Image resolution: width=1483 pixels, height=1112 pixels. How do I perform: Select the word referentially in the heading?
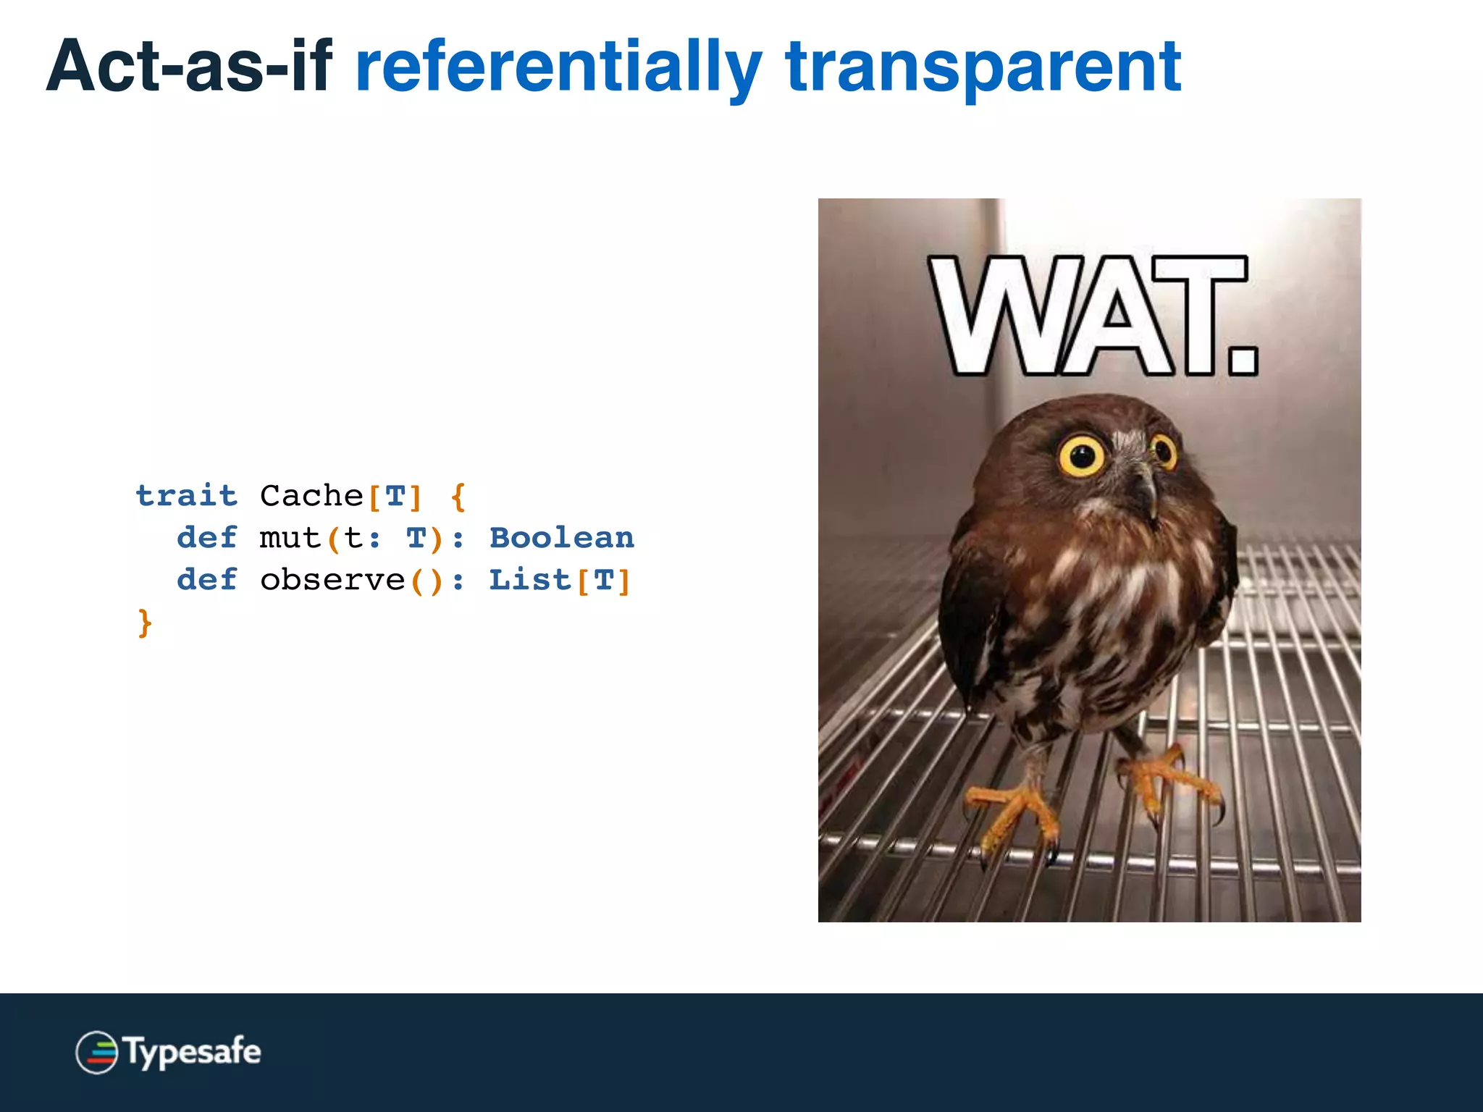[x=558, y=67]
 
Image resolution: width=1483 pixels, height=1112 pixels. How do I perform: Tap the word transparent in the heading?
[x=983, y=67]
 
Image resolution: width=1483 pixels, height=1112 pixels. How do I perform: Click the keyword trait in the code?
[x=186, y=496]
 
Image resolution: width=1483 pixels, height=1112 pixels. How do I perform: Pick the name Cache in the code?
[x=311, y=496]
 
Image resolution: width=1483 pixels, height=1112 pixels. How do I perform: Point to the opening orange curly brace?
[x=458, y=497]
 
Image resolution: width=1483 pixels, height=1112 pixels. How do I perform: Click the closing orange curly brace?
[x=145, y=623]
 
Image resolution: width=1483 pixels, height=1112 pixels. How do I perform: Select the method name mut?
[x=290, y=538]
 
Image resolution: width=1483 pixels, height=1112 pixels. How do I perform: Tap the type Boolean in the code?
[x=561, y=538]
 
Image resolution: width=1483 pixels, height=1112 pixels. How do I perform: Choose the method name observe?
[x=332, y=580]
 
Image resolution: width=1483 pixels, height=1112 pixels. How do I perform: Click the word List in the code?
[x=529, y=580]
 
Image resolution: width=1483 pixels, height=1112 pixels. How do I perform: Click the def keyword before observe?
[x=206, y=580]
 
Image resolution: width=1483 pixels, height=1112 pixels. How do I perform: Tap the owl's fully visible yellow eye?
[x=1082, y=455]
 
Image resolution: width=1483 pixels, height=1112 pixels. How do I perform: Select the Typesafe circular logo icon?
[x=96, y=1052]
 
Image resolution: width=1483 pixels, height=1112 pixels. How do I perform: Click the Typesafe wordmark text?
[x=193, y=1052]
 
